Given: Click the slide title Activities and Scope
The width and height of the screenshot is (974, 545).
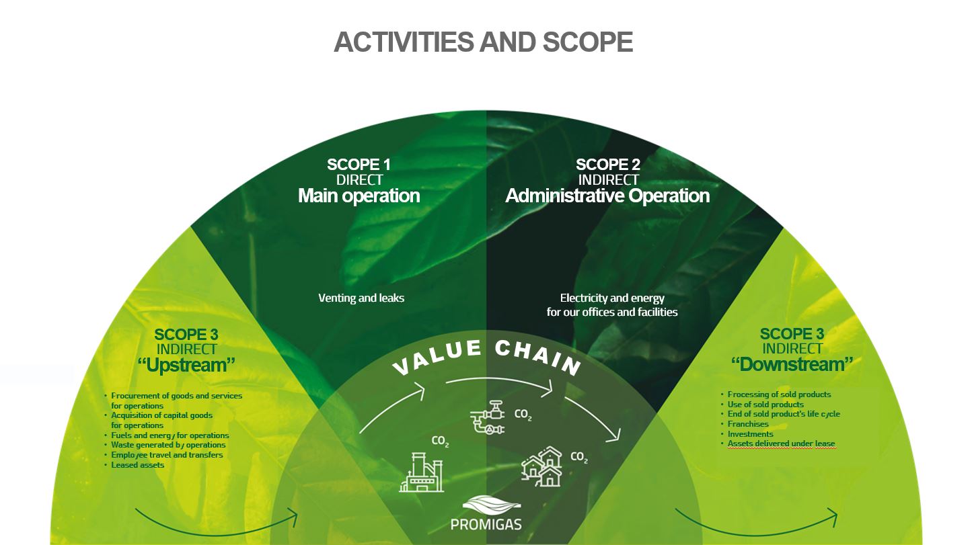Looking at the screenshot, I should point(483,42).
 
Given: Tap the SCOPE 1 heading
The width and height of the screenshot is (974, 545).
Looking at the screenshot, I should point(359,165).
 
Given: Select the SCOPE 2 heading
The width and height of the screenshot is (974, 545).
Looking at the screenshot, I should point(608,165).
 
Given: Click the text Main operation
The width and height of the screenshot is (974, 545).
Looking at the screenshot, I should point(359,196).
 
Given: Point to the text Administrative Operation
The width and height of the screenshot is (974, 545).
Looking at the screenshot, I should point(607,196).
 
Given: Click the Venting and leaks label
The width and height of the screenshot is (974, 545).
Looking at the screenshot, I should point(361,298).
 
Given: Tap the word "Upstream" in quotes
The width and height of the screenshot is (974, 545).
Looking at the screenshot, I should point(186,366).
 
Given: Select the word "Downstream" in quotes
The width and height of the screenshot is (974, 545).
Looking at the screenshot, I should point(792,365).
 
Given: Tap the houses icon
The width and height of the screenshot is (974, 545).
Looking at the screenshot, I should point(542,466).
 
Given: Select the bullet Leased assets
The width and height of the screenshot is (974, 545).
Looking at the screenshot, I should point(138,465).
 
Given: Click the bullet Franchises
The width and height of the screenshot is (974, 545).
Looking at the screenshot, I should point(748,424).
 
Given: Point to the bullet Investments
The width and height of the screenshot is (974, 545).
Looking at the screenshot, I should point(750,434).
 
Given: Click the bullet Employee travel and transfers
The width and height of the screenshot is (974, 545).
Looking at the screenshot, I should point(167,455).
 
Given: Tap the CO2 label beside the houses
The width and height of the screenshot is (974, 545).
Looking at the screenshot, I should point(579,458).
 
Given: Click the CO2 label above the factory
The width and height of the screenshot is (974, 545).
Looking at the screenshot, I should point(440,442).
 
